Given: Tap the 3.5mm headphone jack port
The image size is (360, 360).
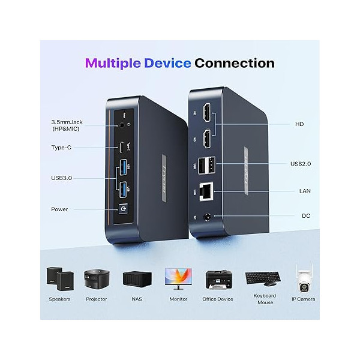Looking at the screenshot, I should point(123,125).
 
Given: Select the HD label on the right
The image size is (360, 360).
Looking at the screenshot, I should point(299,124).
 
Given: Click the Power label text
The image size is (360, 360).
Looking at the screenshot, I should point(59,209).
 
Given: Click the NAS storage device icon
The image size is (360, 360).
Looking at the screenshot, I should point(136,279).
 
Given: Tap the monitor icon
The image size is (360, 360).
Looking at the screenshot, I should point(178,278).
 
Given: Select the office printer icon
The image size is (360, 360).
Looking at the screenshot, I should point(218,279).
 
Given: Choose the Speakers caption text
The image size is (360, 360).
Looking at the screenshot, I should point(59,299).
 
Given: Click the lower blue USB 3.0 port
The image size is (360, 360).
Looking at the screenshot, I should point(124,190).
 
